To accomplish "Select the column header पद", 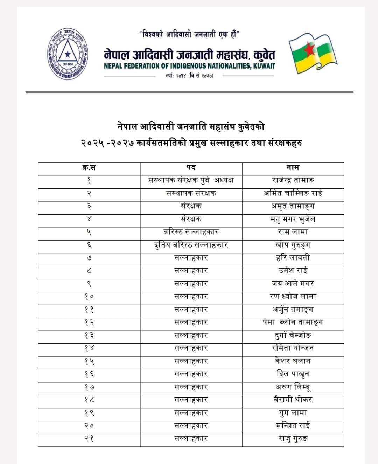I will [191, 167].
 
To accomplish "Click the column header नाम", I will [293, 167].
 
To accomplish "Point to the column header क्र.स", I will [89, 167].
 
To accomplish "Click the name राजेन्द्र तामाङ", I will [293, 180].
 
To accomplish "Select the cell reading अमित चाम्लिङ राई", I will [293, 193].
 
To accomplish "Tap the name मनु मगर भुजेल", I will [293, 219].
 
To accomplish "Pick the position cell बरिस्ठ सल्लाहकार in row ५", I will [191, 232].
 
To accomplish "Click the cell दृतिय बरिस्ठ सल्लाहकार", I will [191, 245].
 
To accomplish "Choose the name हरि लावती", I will [293, 258].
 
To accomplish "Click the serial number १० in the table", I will [89, 297].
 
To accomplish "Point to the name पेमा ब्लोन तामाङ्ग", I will [293, 323].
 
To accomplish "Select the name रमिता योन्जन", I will [293, 348].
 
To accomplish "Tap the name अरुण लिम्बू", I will [293, 387].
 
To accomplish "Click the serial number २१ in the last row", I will [89, 439].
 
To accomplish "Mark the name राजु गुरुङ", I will [293, 439].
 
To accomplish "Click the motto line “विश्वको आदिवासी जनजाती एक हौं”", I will [189, 35].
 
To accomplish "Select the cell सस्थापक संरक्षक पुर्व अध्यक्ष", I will [191, 180].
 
